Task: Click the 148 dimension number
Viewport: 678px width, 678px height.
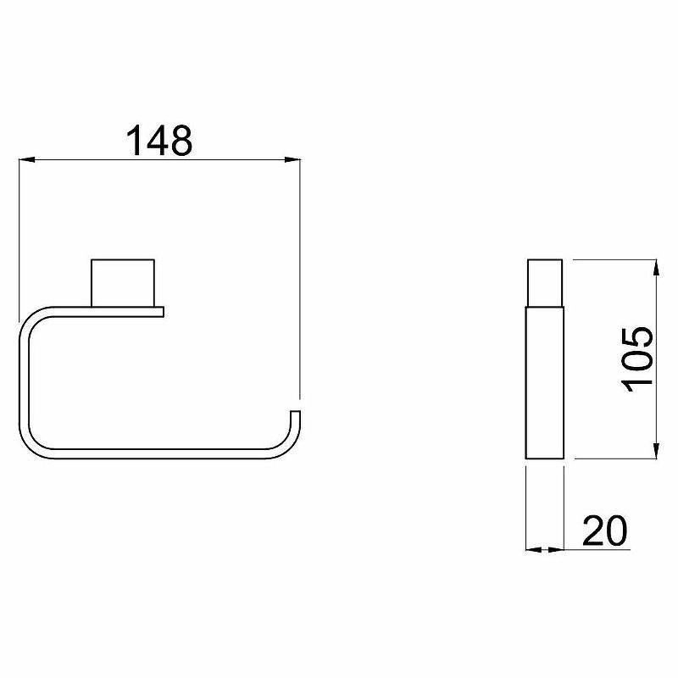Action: click(x=159, y=140)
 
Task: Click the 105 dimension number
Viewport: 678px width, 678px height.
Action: click(x=636, y=359)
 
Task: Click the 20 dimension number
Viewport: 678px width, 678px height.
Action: click(x=604, y=531)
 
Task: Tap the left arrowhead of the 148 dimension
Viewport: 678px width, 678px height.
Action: click(x=27, y=160)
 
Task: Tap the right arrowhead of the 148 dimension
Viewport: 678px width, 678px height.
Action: click(x=292, y=160)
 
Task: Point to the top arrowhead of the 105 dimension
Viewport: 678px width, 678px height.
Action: click(x=656, y=267)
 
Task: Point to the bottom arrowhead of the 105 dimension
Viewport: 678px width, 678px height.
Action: click(x=656, y=451)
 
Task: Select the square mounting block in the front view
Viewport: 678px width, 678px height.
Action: click(x=123, y=283)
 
